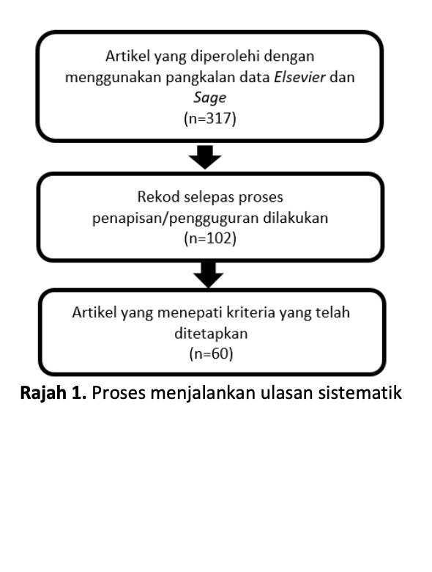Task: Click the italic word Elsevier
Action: [299, 77]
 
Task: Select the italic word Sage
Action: [209, 98]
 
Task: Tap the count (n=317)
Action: [210, 119]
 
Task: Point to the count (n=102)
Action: [210, 238]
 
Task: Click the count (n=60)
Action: [211, 353]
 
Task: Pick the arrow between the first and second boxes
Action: [205, 157]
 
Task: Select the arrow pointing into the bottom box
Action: [209, 275]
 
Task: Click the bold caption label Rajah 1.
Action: [53, 393]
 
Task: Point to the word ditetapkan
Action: [211, 334]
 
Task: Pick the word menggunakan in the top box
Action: [113, 78]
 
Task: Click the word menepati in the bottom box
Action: [190, 313]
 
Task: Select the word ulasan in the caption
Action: [286, 392]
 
